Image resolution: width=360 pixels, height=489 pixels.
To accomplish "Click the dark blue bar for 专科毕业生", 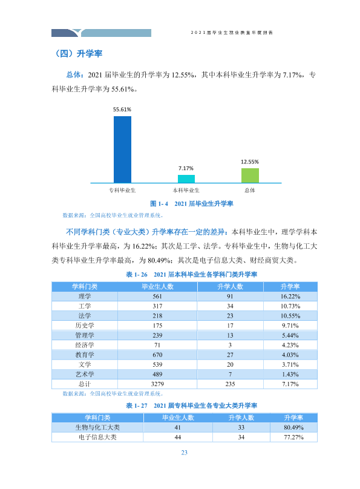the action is [x=122, y=149].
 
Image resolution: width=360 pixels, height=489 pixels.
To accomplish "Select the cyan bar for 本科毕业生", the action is [x=186, y=179].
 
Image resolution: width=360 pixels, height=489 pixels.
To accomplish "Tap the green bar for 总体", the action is [x=250, y=176].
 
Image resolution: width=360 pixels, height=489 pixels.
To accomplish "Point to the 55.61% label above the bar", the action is [x=122, y=110].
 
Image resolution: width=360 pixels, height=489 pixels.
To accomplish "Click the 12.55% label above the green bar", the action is [x=250, y=162].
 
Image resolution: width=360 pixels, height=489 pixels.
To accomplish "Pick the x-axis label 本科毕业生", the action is [x=186, y=190].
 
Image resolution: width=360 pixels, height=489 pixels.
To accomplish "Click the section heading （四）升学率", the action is [x=78, y=53].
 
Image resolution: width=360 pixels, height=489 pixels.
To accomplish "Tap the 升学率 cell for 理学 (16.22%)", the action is [x=290, y=297].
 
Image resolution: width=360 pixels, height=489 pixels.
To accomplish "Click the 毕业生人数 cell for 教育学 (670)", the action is [x=157, y=355].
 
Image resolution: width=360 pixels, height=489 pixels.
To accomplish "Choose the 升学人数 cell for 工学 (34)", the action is [x=230, y=306].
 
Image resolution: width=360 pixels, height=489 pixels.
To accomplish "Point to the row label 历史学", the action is [x=85, y=326].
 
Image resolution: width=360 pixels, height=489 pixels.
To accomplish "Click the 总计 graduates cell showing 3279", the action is [x=157, y=384].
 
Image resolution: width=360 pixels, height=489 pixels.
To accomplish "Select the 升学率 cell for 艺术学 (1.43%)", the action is [x=290, y=374].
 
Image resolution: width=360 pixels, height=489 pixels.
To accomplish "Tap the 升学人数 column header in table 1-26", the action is [x=230, y=287].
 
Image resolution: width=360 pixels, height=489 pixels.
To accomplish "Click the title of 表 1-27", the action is [x=191, y=405].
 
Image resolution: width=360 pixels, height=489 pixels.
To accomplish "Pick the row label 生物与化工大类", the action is [x=97, y=427].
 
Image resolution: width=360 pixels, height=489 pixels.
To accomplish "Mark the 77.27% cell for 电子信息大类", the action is [x=293, y=437].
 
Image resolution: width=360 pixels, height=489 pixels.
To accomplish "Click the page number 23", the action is [x=184, y=453].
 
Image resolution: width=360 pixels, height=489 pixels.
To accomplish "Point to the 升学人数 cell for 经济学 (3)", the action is [x=230, y=345].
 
